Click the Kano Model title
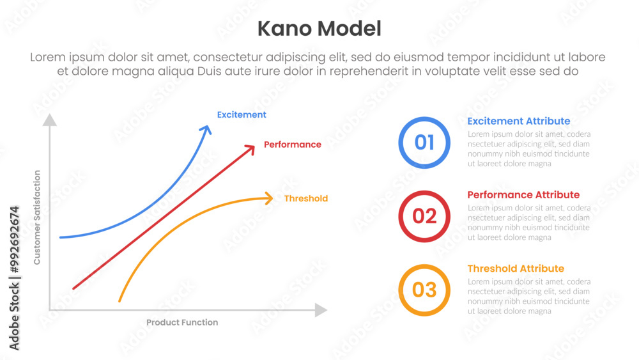pos(319,29)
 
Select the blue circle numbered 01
pos(424,143)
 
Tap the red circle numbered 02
pos(424,216)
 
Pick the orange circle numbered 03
pos(424,290)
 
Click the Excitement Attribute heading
pos(518,121)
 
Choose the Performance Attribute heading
pos(523,195)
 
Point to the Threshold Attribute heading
pos(516,269)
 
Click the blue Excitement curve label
pos(242,115)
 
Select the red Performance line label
pos(293,145)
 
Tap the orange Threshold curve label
pos(306,199)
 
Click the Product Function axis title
pos(182,322)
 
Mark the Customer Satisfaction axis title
pos(37,217)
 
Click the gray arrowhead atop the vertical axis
pos(50,120)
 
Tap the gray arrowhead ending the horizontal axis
pos(321,310)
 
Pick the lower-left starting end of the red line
pos(73,288)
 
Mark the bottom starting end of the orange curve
pos(119,301)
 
